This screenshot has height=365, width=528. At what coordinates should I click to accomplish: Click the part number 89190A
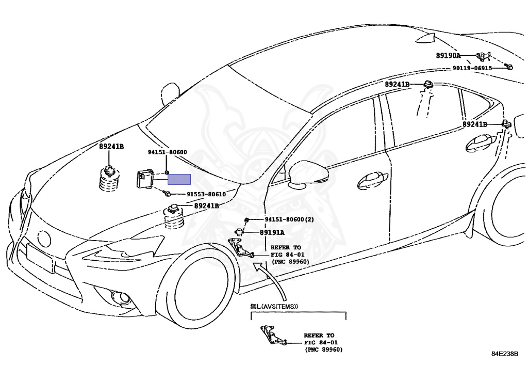(448, 56)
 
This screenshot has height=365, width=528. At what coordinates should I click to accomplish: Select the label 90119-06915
(472, 68)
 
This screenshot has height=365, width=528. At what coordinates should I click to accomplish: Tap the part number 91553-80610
(206, 194)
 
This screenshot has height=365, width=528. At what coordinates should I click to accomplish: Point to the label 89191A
(272, 232)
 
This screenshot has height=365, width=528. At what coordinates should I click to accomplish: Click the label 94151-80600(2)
(289, 219)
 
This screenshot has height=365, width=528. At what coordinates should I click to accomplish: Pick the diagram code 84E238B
(505, 354)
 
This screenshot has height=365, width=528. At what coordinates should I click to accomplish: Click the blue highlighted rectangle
(179, 179)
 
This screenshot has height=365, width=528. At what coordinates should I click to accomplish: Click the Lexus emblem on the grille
(44, 239)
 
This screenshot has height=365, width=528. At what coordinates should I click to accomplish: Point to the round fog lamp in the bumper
(123, 297)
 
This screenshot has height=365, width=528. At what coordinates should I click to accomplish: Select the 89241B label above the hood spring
(111, 147)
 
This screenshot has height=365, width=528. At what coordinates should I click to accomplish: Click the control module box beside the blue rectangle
(145, 179)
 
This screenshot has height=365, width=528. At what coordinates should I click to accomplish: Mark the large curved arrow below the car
(273, 279)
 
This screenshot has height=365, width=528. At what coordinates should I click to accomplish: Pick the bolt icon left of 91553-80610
(167, 193)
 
